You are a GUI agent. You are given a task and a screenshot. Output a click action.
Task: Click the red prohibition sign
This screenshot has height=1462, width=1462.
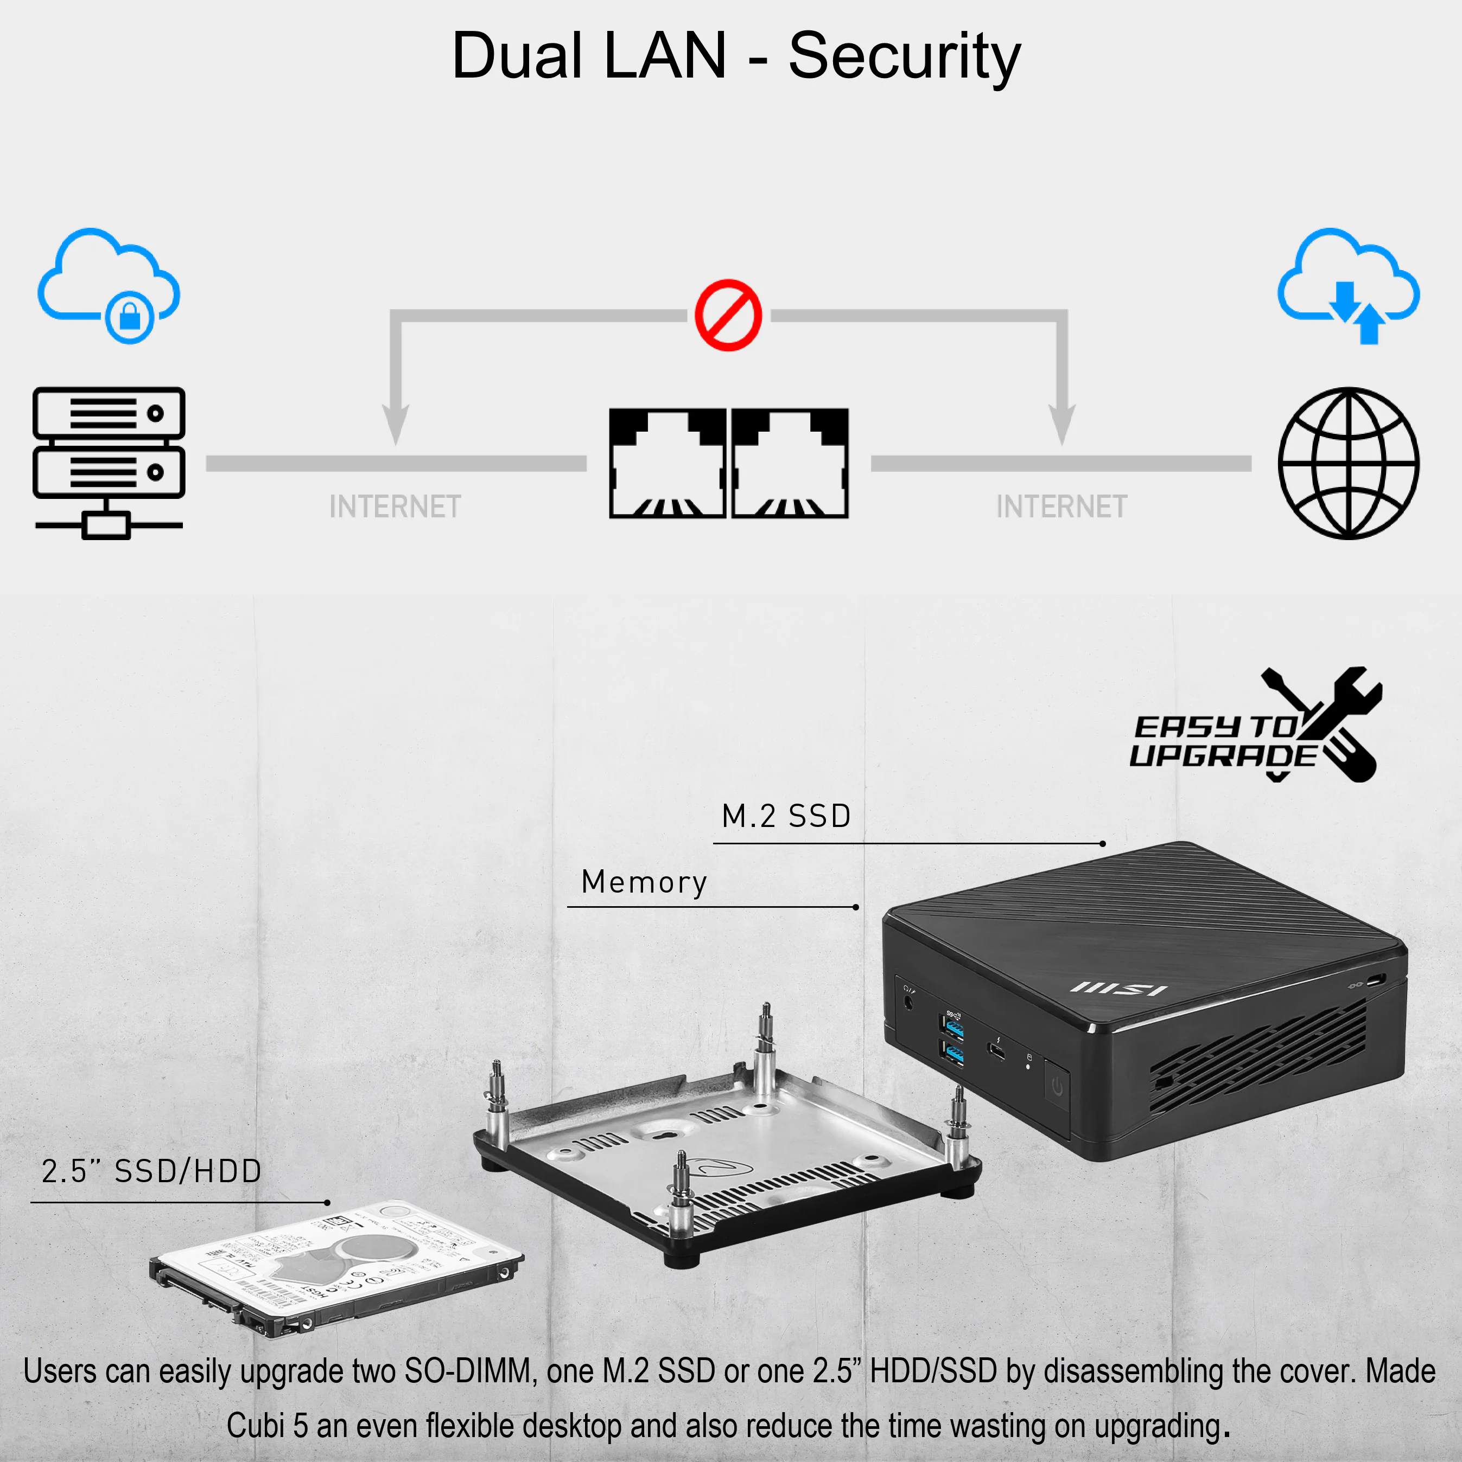tap(728, 316)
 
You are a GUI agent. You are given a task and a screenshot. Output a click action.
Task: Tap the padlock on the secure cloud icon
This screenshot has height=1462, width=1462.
tap(130, 317)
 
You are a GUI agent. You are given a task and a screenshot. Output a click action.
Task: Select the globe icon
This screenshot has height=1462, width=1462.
tap(1349, 463)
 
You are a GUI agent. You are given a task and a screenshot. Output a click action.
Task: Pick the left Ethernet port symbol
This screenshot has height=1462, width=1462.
tap(667, 463)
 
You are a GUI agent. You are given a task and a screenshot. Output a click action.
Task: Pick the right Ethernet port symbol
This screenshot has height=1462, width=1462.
tap(790, 463)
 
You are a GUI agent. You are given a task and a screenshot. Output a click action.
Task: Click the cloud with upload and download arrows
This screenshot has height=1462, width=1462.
tap(1349, 285)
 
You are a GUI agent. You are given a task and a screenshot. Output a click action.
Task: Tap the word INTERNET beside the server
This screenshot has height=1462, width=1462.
tap(395, 507)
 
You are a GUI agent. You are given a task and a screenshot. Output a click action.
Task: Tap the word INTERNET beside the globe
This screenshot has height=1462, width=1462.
tap(1061, 507)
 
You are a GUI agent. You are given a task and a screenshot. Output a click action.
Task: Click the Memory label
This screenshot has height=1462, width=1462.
tap(644, 882)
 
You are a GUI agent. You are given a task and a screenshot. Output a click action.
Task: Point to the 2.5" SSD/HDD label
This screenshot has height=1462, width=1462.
tap(151, 1171)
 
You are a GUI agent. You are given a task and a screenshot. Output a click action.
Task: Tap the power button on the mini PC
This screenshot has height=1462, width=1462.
tap(1057, 1087)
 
